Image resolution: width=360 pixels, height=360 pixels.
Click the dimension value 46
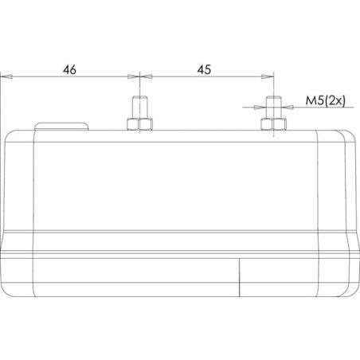(x=69, y=69)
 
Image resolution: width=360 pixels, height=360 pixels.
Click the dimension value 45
(x=204, y=69)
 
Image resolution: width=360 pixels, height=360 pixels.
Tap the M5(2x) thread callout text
(x=326, y=101)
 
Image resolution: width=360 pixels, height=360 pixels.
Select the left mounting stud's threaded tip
(x=139, y=107)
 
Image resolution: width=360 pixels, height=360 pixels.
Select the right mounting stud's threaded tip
(x=274, y=107)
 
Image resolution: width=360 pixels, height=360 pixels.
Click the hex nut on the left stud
(x=139, y=124)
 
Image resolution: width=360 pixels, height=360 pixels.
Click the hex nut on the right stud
(x=274, y=124)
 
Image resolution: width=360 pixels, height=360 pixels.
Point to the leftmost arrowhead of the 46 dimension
(x=6, y=76)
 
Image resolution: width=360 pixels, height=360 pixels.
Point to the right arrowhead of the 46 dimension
(x=134, y=76)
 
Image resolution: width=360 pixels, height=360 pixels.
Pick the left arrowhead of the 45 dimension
(x=146, y=76)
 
